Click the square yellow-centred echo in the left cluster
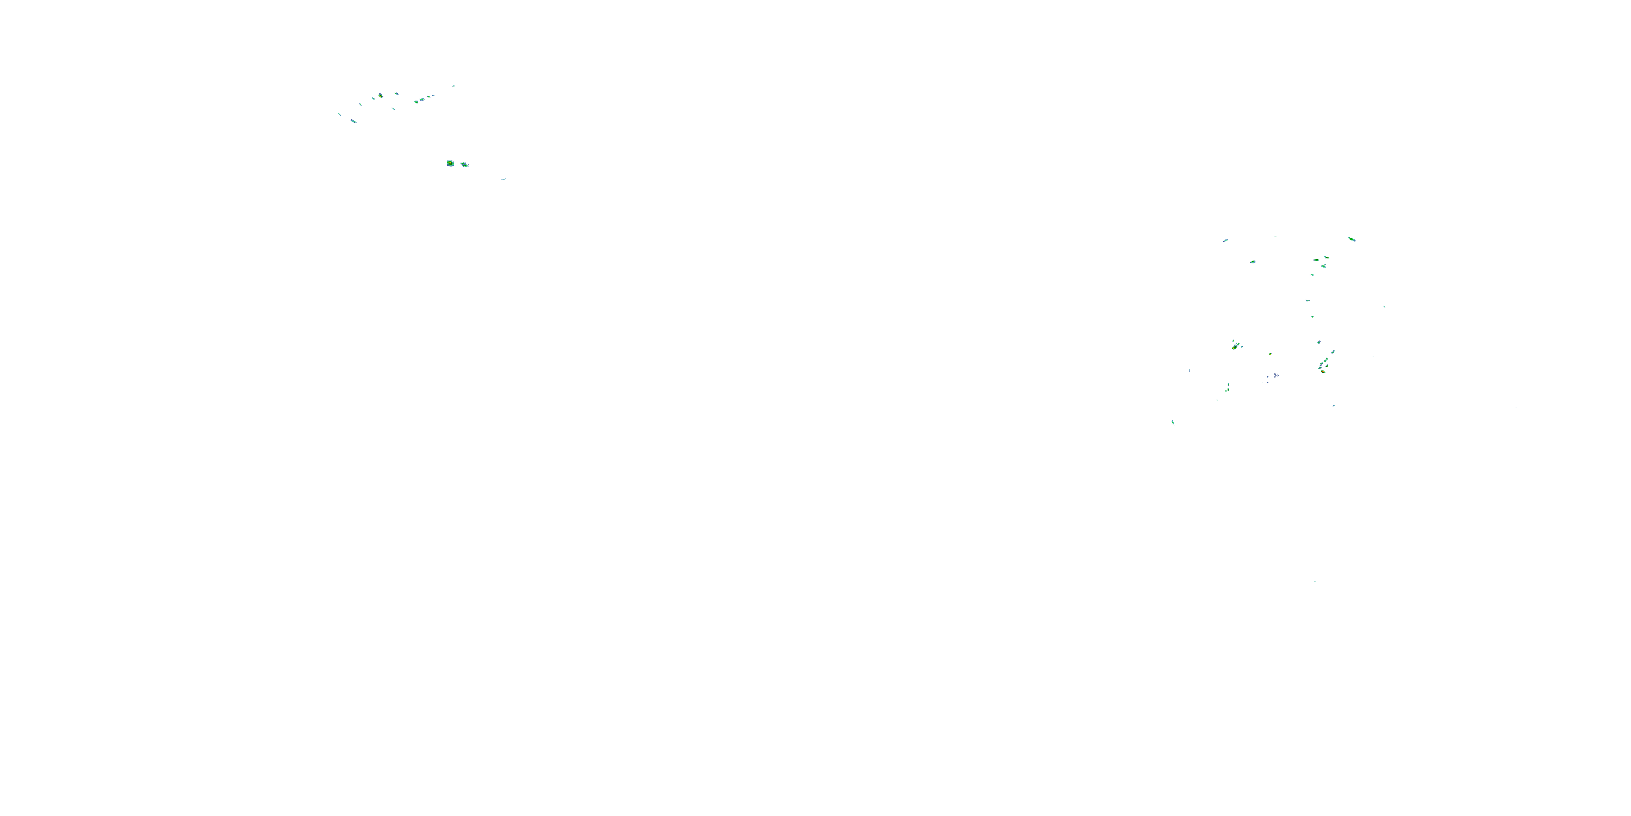450,163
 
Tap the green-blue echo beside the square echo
464,165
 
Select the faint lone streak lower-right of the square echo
503,180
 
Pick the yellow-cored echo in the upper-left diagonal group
381,96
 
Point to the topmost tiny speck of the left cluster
453,86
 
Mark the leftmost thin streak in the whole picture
339,114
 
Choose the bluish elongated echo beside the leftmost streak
353,120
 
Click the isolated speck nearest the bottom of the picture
1315,582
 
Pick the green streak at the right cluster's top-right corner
1351,239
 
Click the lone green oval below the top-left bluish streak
1253,262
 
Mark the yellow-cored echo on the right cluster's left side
1235,346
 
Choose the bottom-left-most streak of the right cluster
1173,422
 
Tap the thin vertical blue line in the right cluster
1189,370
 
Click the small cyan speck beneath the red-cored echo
1334,405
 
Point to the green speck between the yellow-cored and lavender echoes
1269,354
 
